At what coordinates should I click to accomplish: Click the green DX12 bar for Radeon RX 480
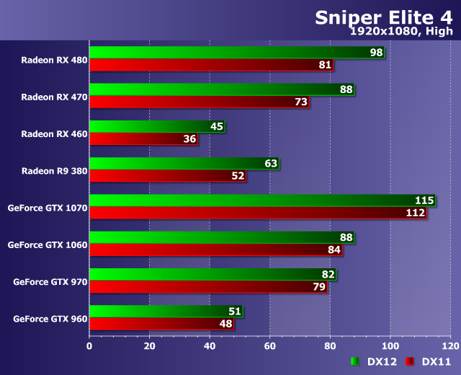coord(230,53)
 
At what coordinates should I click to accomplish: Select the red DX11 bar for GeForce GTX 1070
coord(252,213)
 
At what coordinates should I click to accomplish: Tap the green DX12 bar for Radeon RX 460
coord(155,126)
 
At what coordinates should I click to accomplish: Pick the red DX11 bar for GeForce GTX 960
coord(158,324)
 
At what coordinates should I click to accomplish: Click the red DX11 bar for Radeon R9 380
coord(166,175)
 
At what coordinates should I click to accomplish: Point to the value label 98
coord(376,53)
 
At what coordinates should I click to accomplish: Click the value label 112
coord(416,213)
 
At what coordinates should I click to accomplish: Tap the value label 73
coord(301,102)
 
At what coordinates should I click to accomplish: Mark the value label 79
coord(319,287)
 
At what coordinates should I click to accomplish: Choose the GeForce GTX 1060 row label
coord(48,244)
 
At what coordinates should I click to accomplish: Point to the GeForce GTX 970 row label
coord(50,281)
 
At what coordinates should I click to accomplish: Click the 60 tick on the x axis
coord(270,345)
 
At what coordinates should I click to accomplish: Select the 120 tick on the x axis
coord(450,345)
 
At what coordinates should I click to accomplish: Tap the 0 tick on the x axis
coord(89,345)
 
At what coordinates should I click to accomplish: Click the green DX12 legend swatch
coord(354,361)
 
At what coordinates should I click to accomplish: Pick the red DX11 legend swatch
coord(410,361)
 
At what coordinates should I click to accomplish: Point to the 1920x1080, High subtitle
coord(400,31)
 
